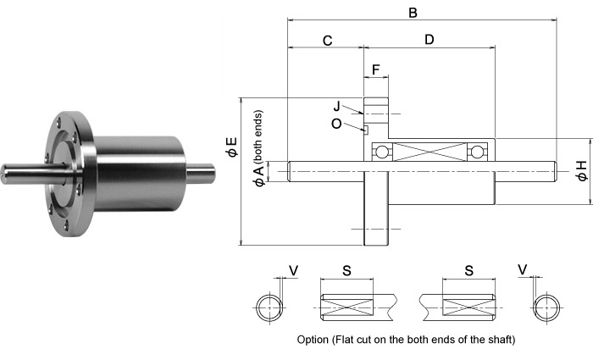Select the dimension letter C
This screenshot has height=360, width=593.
pos(327,40)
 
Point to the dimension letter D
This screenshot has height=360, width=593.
pos(429,40)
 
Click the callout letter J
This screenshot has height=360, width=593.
pos(336,107)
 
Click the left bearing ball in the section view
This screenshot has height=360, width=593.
pos(383,152)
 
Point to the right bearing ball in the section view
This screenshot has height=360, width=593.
pos(478,152)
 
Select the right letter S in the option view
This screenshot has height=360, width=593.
pos(468,271)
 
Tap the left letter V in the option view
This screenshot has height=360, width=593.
pos(293,270)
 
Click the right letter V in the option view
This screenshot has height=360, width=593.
pos(523,270)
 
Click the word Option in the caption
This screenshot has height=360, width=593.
pos(316,340)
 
